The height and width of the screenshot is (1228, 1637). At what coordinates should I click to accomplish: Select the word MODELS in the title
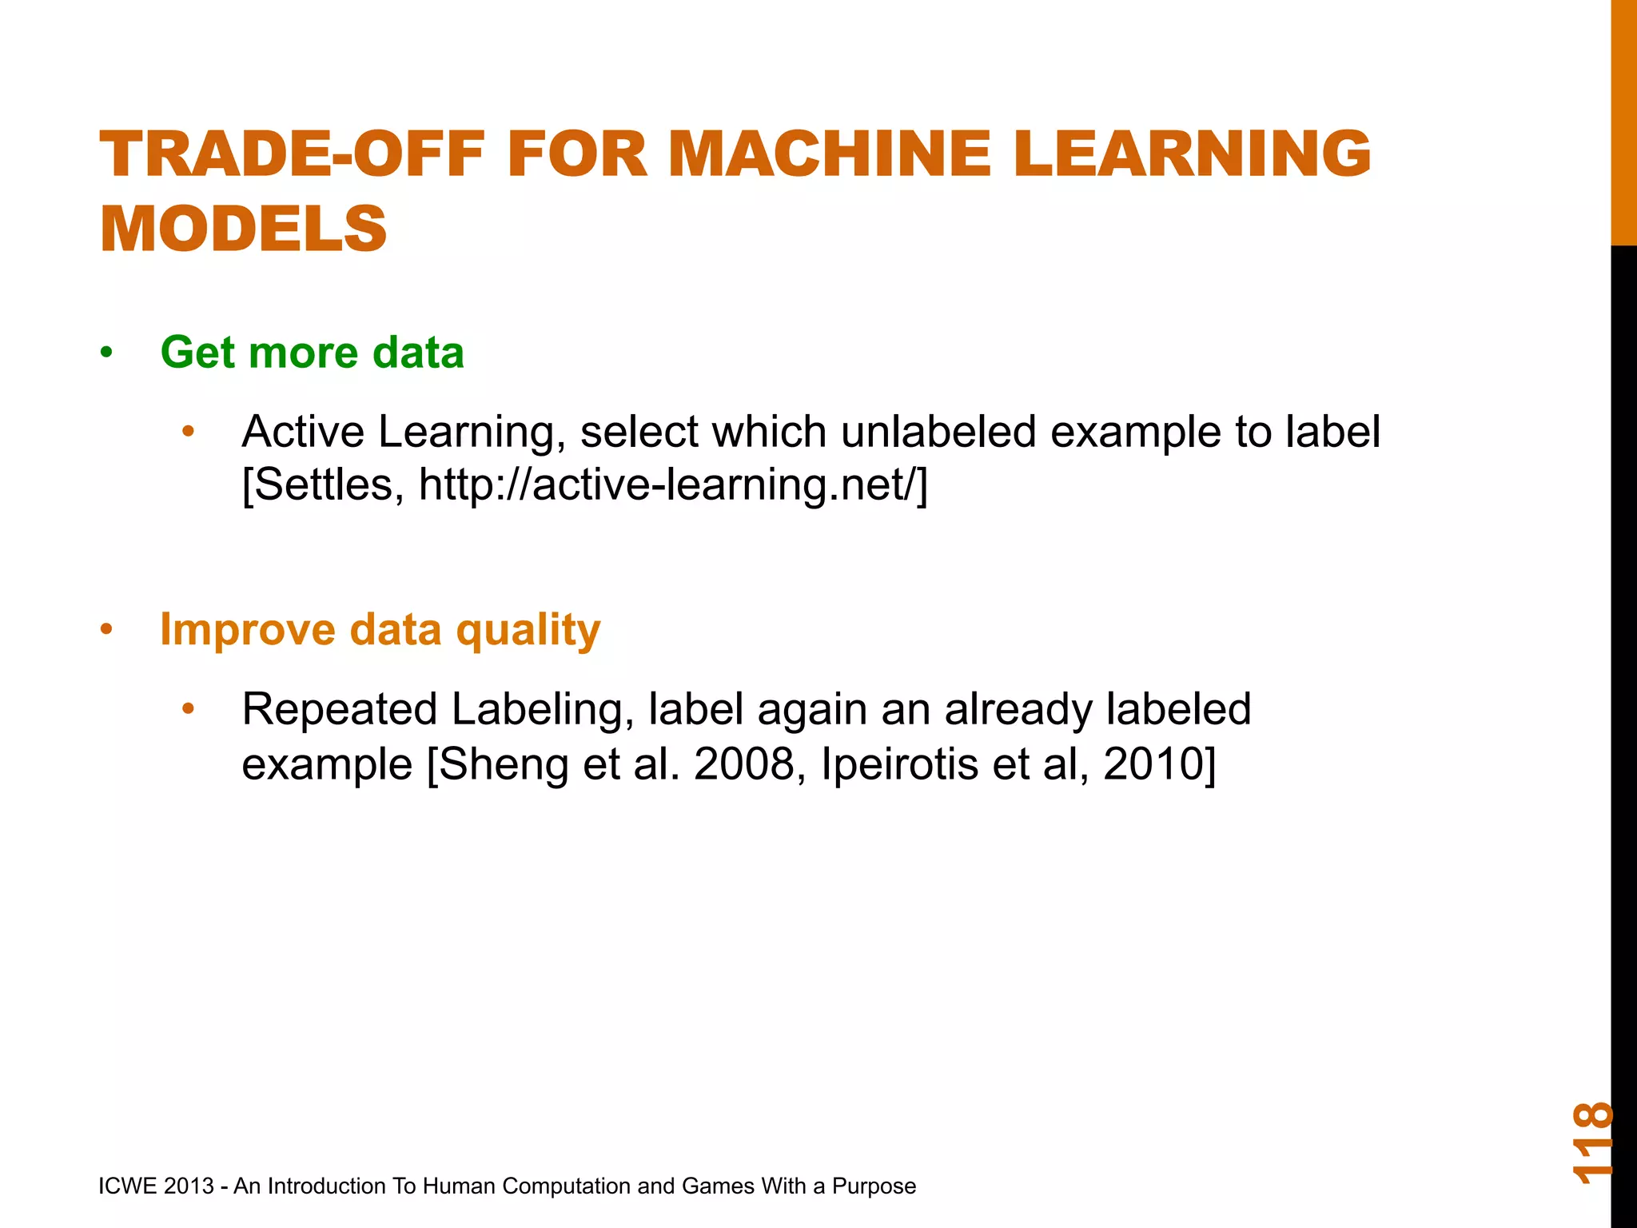[x=243, y=229]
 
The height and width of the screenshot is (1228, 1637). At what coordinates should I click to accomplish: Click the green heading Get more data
[x=312, y=353]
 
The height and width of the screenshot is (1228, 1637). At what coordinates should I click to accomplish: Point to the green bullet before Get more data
[x=107, y=353]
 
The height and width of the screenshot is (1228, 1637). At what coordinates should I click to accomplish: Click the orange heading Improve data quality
[x=380, y=629]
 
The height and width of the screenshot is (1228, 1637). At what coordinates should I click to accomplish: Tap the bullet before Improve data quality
[x=107, y=630]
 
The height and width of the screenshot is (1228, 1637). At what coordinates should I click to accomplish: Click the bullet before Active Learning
[x=189, y=432]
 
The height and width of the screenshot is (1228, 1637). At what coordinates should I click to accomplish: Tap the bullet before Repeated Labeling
[x=189, y=709]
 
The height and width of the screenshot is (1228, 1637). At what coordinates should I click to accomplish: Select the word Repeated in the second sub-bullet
[x=340, y=709]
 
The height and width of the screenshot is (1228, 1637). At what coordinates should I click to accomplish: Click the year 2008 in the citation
[x=743, y=764]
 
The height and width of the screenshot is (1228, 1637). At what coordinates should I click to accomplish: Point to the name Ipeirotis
[x=899, y=764]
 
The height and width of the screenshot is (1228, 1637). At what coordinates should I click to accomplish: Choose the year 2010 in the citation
[x=1153, y=764]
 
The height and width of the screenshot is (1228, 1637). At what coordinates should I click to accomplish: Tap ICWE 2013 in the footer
[x=156, y=1186]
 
